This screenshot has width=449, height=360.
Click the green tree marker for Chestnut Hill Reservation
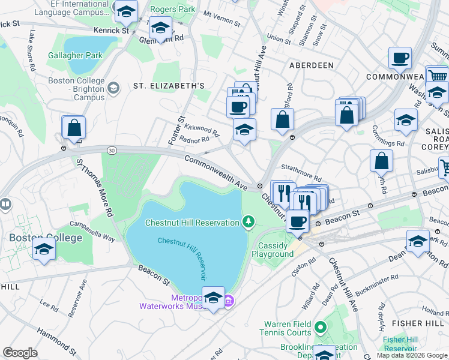[248, 223]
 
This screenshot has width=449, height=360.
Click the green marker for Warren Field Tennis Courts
[321, 328]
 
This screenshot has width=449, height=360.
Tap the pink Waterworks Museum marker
[229, 301]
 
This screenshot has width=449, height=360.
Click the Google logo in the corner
[20, 353]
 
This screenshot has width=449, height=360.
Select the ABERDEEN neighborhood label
[311, 65]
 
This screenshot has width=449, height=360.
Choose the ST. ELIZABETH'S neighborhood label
[169, 86]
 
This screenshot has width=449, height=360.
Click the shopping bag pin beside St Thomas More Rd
[74, 128]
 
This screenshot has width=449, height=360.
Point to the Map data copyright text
[412, 355]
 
